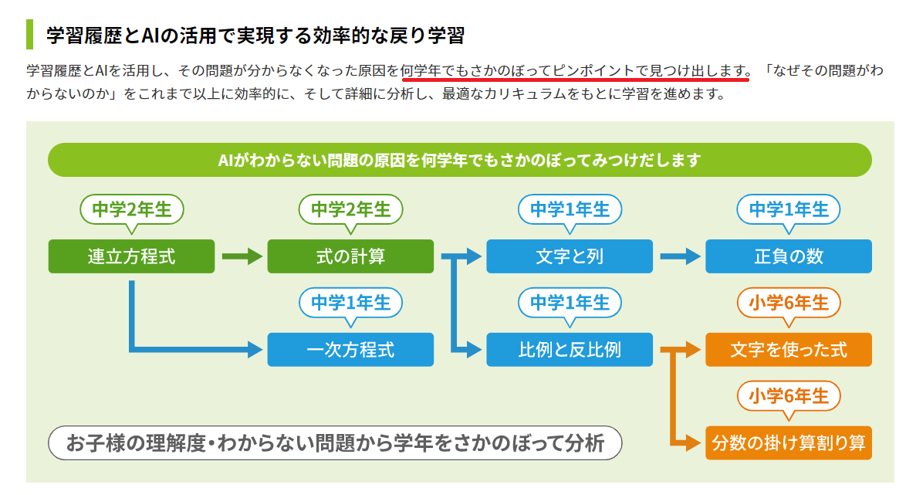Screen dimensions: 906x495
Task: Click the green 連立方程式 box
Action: tap(131, 256)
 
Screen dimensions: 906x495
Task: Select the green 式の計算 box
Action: tap(350, 256)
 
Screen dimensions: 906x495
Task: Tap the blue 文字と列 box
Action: tap(569, 256)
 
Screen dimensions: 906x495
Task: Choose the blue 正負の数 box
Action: tap(788, 256)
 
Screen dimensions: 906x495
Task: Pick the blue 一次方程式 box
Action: tap(350, 349)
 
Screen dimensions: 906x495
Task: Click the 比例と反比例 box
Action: tap(569, 349)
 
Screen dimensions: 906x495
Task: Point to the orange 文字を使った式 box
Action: tap(788, 349)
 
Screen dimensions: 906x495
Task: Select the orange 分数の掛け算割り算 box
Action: tap(788, 443)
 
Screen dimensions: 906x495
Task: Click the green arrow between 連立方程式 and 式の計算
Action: tap(242, 256)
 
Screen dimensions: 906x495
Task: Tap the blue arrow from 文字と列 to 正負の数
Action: tap(680, 256)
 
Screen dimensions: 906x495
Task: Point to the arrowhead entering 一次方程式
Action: tap(255, 349)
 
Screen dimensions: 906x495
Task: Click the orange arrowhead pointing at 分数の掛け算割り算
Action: tap(693, 443)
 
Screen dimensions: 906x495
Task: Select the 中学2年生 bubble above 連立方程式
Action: tap(132, 210)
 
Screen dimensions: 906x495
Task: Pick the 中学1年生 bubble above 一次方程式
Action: tap(350, 303)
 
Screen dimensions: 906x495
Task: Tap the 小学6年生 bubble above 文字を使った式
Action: tap(789, 303)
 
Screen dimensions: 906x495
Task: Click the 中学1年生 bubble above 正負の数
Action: tap(789, 210)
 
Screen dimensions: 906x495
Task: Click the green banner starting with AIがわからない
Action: tap(459, 160)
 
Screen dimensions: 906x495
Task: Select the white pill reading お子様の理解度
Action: tap(335, 443)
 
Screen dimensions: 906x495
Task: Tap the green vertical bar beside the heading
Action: tap(29, 34)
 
